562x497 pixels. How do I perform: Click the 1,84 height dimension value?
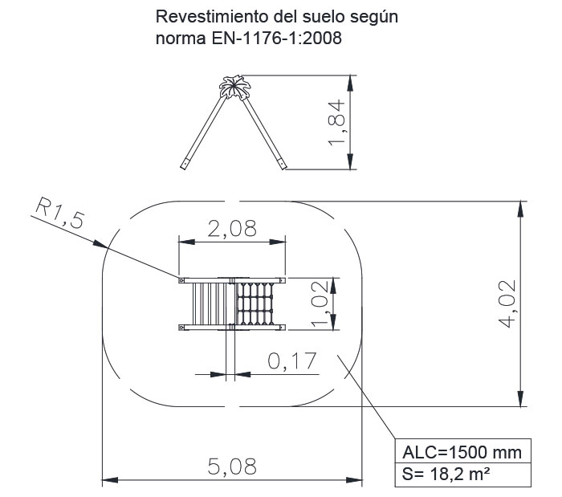(336, 123)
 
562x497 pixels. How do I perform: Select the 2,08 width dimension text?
(232, 228)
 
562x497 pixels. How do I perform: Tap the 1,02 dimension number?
(320, 303)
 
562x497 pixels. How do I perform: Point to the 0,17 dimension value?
(292, 361)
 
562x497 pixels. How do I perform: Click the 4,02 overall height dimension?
(507, 303)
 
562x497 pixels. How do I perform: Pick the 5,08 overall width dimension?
(232, 466)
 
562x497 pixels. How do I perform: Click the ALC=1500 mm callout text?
(462, 453)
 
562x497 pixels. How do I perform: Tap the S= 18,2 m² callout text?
(446, 474)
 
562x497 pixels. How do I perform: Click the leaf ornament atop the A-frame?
(234, 87)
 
